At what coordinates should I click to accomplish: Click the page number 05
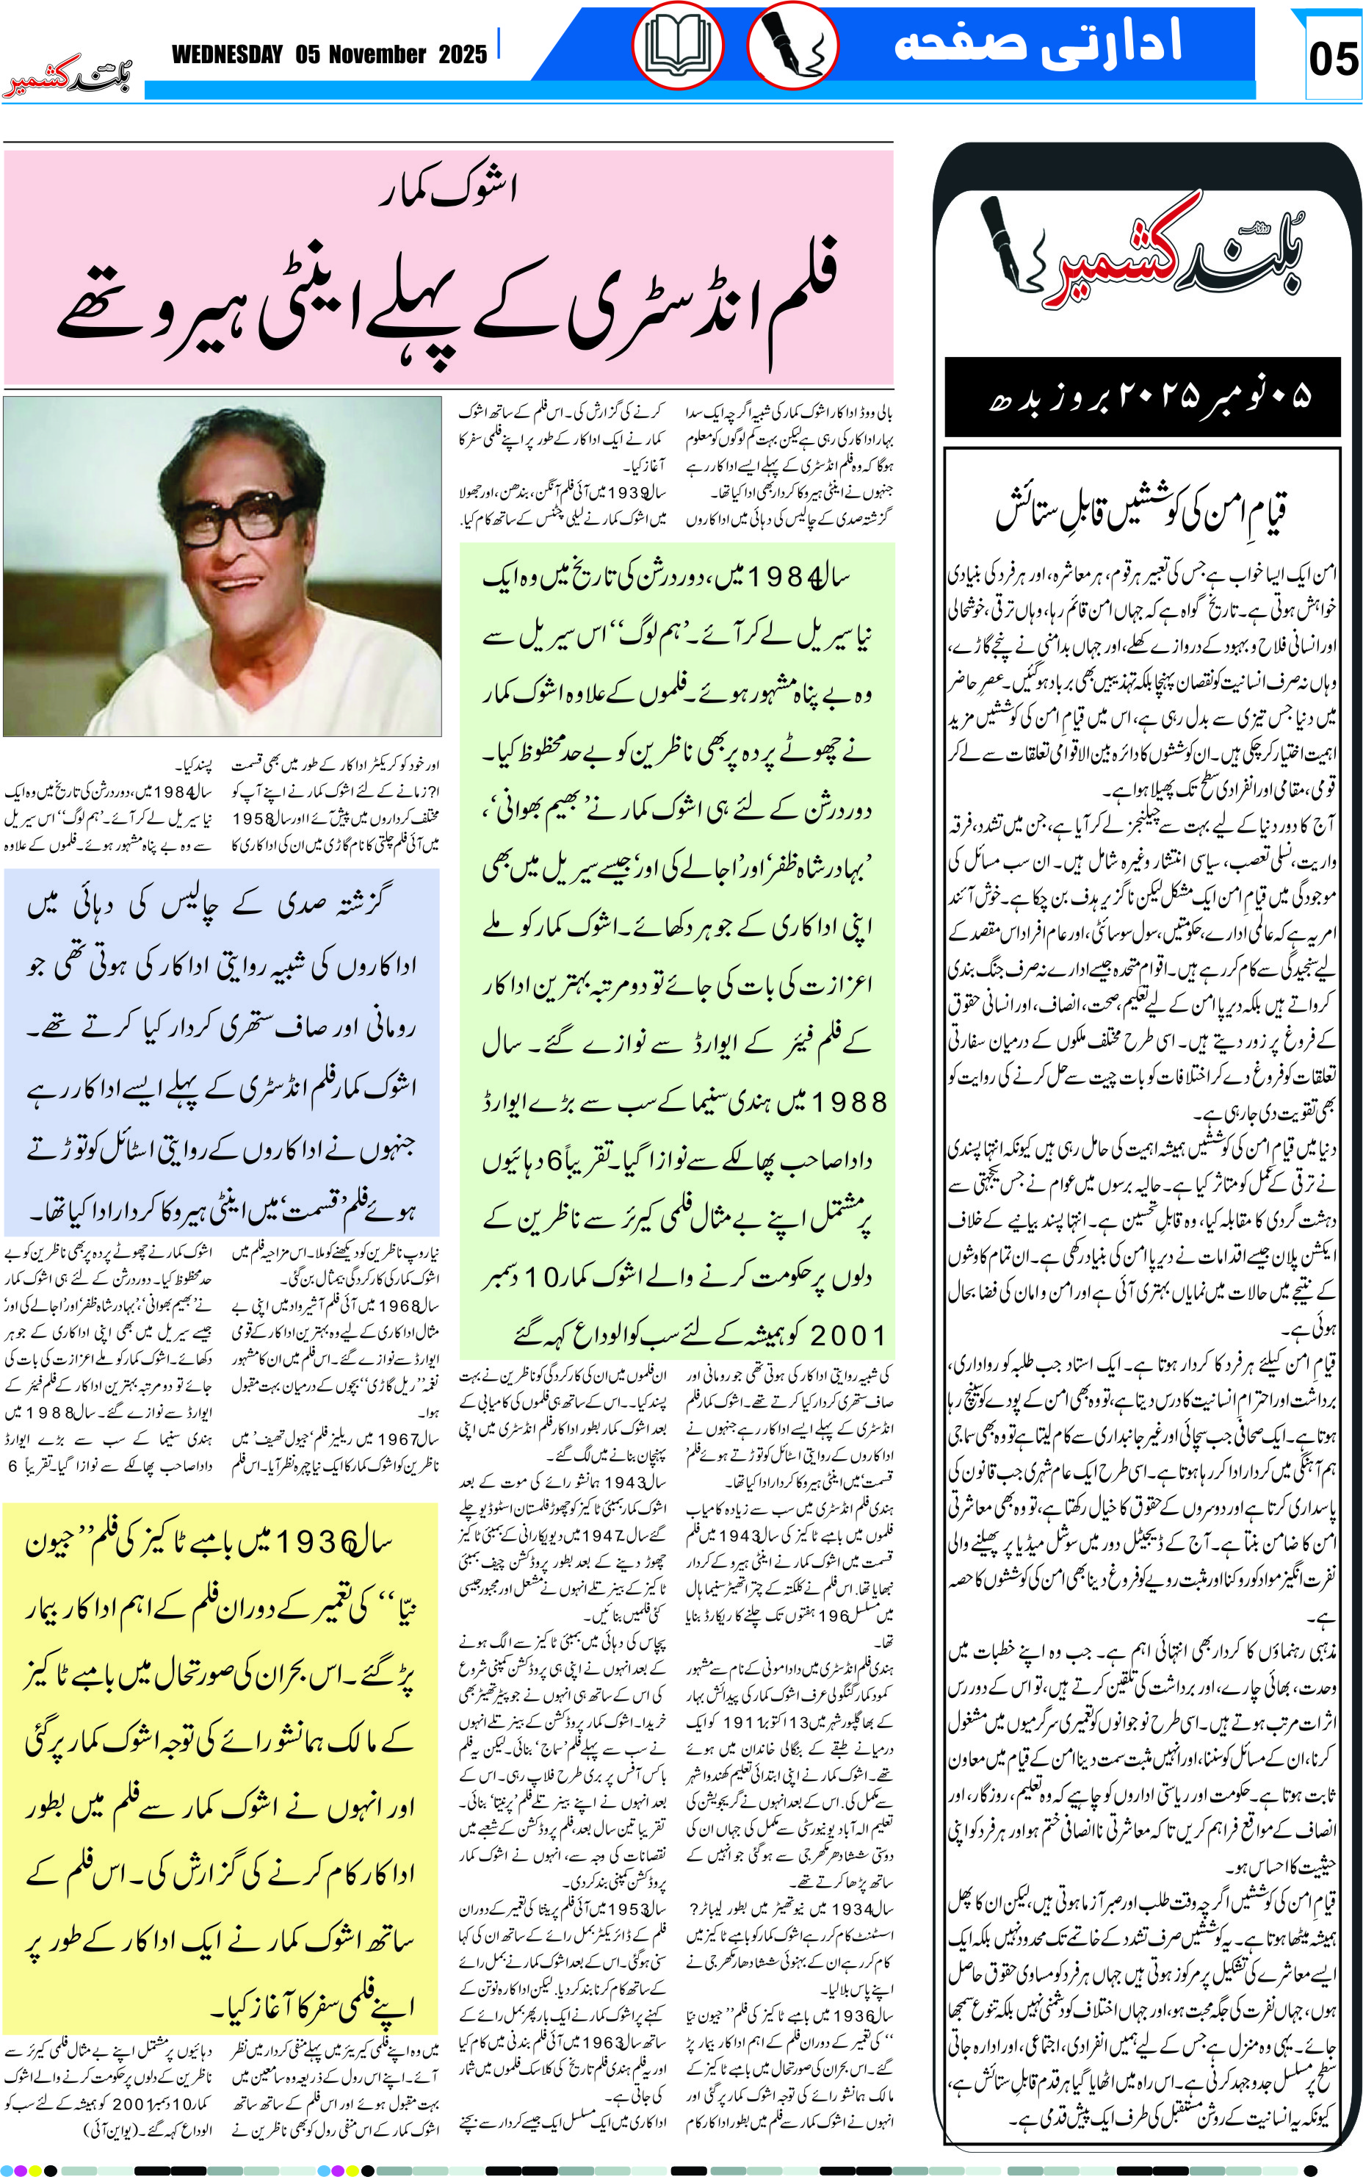click(1332, 60)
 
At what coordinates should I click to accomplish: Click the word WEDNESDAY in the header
click(227, 55)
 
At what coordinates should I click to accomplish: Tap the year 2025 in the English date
click(463, 55)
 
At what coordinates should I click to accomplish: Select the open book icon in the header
click(678, 45)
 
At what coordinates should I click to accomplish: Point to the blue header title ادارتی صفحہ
click(1037, 43)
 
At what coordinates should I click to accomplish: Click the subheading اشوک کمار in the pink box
click(448, 189)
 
